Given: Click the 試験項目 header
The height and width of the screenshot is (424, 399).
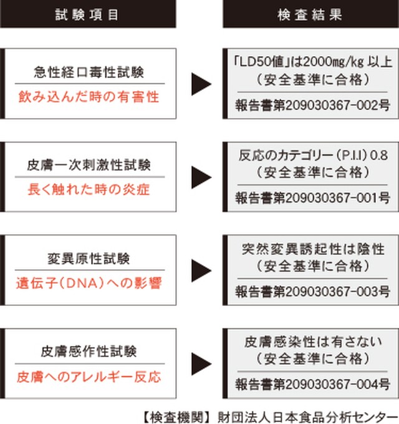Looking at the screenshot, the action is click(87, 14).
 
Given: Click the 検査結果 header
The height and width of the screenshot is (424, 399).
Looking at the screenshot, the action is click(310, 14).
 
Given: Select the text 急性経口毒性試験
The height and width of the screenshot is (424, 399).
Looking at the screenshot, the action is click(89, 72).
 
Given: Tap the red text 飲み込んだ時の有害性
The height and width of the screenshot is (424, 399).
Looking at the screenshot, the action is click(89, 97).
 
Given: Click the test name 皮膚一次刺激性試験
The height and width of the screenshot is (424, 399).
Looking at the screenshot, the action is click(89, 165).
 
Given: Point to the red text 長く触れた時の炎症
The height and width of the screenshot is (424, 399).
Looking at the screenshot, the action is click(89, 189).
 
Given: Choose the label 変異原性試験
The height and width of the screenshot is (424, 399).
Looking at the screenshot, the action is click(89, 259).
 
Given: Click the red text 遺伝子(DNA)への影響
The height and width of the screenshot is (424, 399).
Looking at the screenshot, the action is click(89, 283).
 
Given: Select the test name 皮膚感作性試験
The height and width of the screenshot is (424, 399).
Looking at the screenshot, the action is click(89, 352).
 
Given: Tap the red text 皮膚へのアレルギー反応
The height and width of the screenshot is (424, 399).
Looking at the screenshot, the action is click(89, 377).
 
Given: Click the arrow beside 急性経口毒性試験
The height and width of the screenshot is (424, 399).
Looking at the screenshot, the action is click(201, 84).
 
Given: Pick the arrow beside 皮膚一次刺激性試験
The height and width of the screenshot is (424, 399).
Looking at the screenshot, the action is click(201, 177).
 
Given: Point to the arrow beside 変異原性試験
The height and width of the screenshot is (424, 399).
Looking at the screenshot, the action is click(201, 270).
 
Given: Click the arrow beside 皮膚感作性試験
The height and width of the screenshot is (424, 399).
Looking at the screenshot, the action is click(201, 363).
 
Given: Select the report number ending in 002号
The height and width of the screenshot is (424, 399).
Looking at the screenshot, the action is click(312, 105).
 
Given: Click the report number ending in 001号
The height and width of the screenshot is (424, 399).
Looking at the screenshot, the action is click(312, 198).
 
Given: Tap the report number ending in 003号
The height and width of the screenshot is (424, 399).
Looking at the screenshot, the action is click(312, 292).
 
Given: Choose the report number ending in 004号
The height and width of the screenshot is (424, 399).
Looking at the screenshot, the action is click(312, 384).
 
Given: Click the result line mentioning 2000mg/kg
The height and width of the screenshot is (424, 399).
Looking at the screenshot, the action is click(313, 62).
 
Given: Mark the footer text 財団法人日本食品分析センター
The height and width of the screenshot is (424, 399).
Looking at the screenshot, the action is click(307, 417).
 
